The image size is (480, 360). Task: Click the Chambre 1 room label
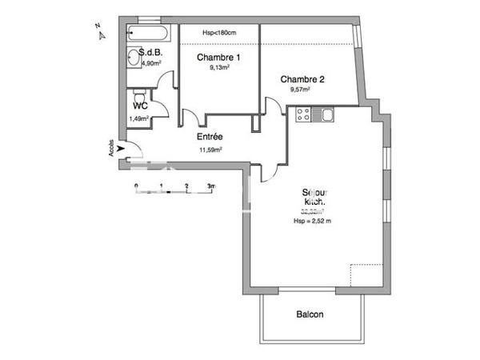(218, 58)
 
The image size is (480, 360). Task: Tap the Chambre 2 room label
(302, 78)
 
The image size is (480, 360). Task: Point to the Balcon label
(310, 314)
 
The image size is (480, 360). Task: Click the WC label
(140, 106)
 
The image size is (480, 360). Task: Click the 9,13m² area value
(219, 68)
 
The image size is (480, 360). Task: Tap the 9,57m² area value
(301, 90)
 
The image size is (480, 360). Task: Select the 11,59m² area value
(210, 150)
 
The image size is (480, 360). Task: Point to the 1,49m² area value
(139, 118)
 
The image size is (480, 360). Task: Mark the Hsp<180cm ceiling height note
(218, 33)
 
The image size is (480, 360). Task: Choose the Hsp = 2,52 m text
(312, 220)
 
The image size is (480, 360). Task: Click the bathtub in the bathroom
(149, 34)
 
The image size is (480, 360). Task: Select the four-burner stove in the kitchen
(305, 115)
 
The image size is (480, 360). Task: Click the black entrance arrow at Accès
(120, 148)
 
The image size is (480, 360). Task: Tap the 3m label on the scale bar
(210, 186)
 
